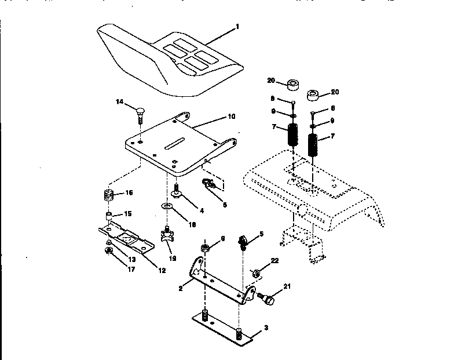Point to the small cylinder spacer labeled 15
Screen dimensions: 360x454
coord(108,216)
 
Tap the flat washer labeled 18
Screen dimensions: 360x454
coord(167,207)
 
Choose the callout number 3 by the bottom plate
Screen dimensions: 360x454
coord(265,328)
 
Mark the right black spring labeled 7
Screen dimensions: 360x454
coord(313,145)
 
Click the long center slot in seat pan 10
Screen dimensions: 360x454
coord(174,141)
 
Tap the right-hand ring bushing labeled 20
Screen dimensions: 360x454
coord(313,94)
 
